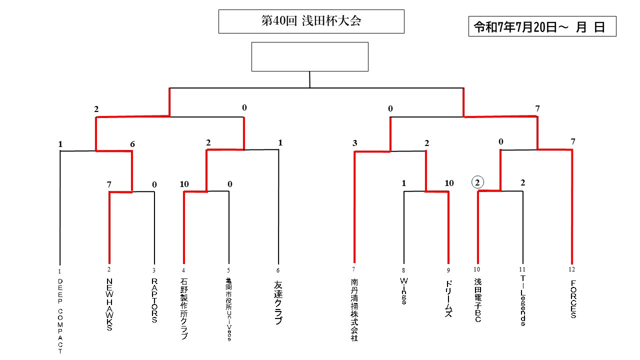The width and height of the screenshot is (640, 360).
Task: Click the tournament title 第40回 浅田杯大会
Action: [x=311, y=21]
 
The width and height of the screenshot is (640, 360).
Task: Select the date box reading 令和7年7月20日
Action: [x=542, y=27]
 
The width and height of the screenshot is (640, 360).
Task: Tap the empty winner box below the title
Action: [x=309, y=56]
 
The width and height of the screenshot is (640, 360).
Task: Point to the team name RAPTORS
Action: [x=154, y=301]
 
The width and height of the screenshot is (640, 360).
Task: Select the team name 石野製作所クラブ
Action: [x=183, y=309]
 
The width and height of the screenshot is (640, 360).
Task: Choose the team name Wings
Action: [x=403, y=291]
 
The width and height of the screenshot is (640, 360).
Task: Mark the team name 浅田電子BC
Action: [x=477, y=300]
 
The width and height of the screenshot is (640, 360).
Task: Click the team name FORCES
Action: [x=572, y=299]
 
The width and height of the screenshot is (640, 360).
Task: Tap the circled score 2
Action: [x=477, y=183]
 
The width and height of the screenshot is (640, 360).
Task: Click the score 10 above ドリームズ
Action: [x=449, y=183]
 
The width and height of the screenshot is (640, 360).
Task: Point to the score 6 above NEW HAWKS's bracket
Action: [x=132, y=144]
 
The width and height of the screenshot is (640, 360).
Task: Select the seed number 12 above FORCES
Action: [x=572, y=269]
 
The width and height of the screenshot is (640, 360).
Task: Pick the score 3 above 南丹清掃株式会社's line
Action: [x=354, y=143]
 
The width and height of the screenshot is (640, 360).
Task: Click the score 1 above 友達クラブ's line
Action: [x=280, y=142]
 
